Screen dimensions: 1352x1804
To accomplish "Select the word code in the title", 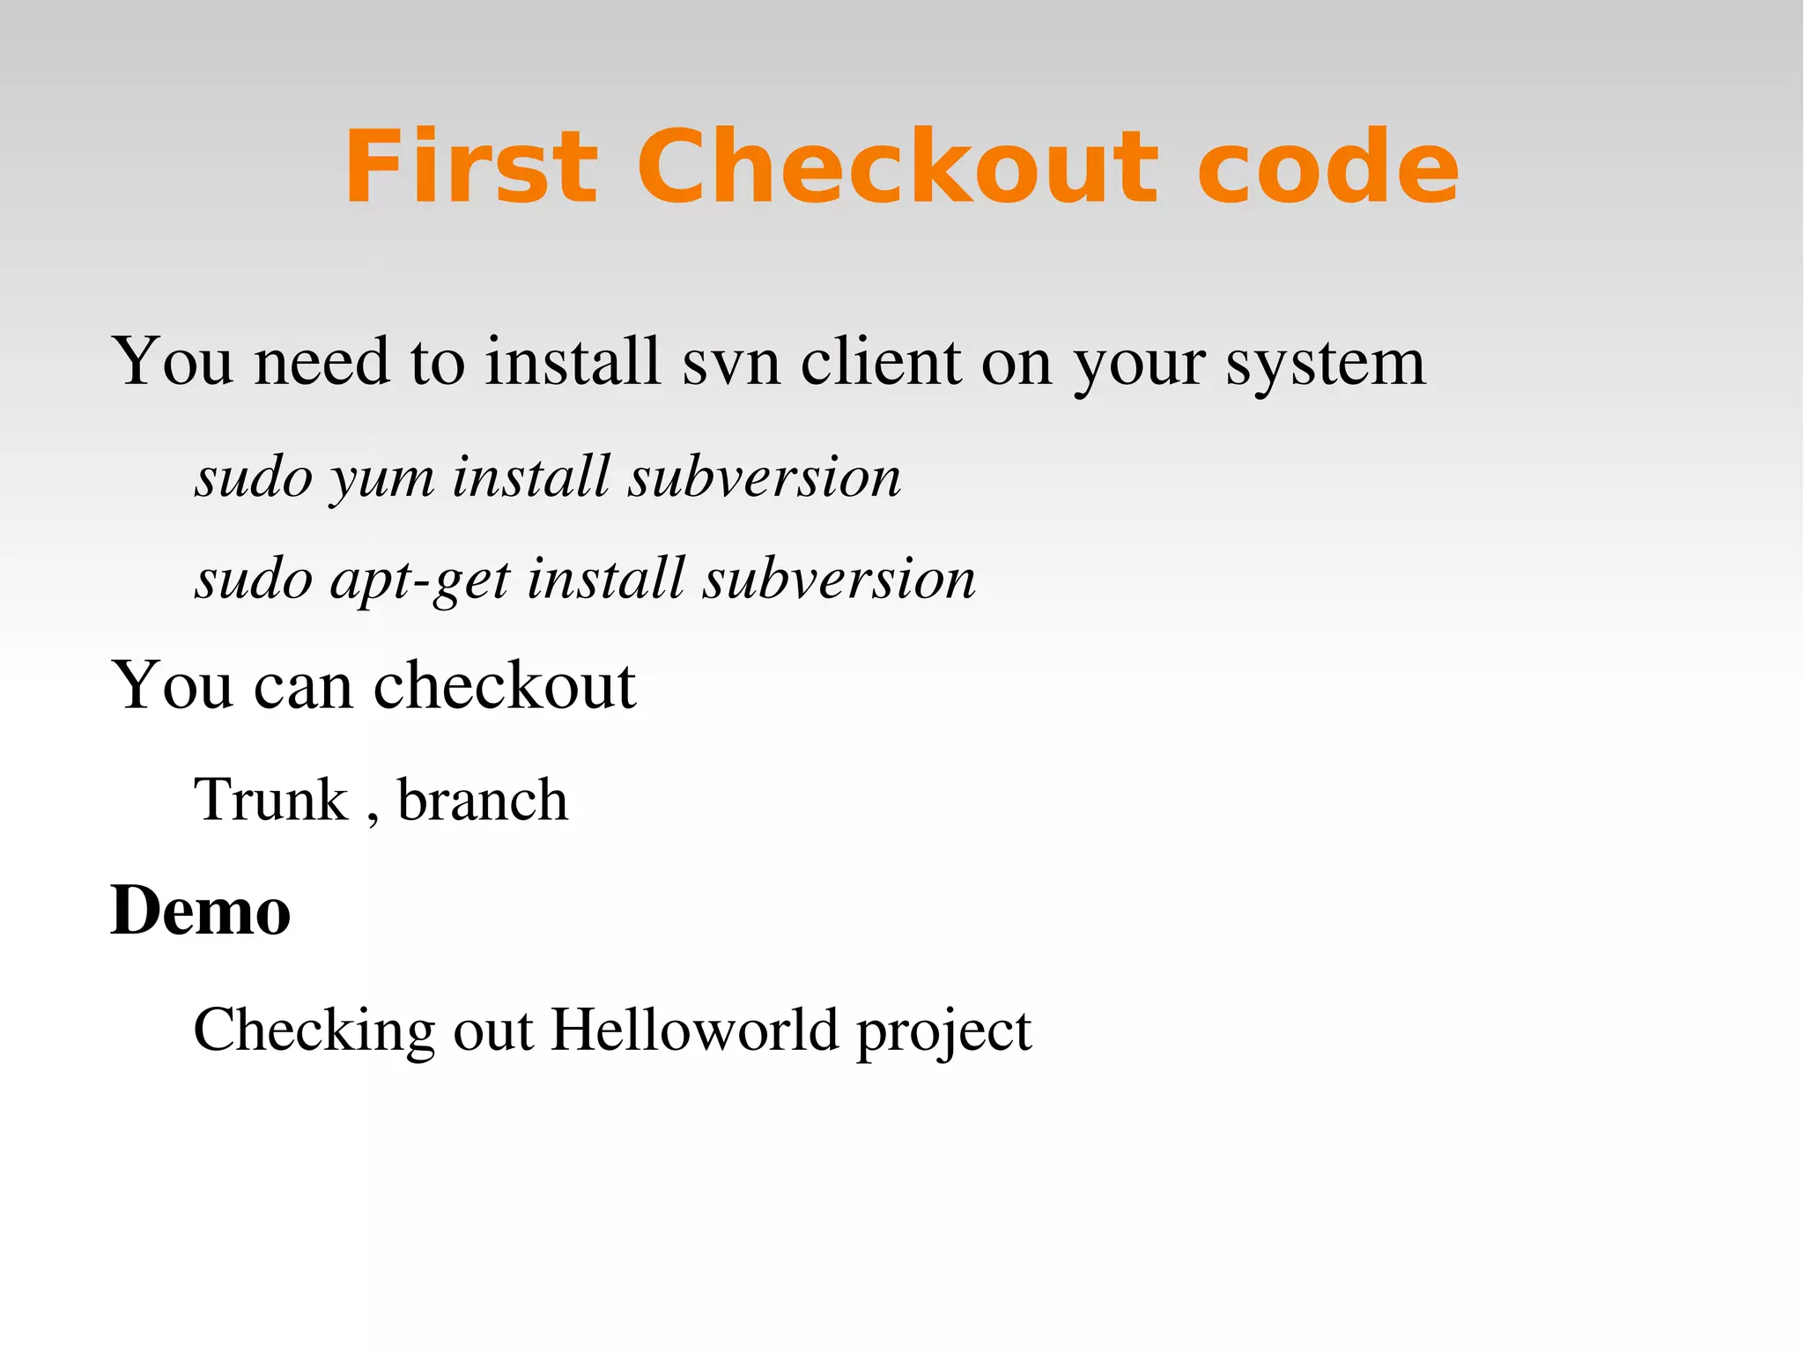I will tap(1327, 167).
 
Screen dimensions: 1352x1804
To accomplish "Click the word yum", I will tap(382, 479).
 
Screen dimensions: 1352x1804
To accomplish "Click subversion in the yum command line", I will tap(764, 477).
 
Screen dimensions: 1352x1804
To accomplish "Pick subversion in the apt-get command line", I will tap(839, 580).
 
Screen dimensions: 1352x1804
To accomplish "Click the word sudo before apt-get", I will tap(254, 580).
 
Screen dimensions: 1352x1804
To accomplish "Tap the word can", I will tap(303, 686).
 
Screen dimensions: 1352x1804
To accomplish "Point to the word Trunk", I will tap(271, 800).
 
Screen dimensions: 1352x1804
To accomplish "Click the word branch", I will tap(483, 800).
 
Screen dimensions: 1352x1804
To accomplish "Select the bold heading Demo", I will tap(201, 911).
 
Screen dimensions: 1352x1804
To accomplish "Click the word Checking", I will tap(314, 1031).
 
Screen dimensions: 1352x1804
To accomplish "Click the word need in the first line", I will tap(322, 361).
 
